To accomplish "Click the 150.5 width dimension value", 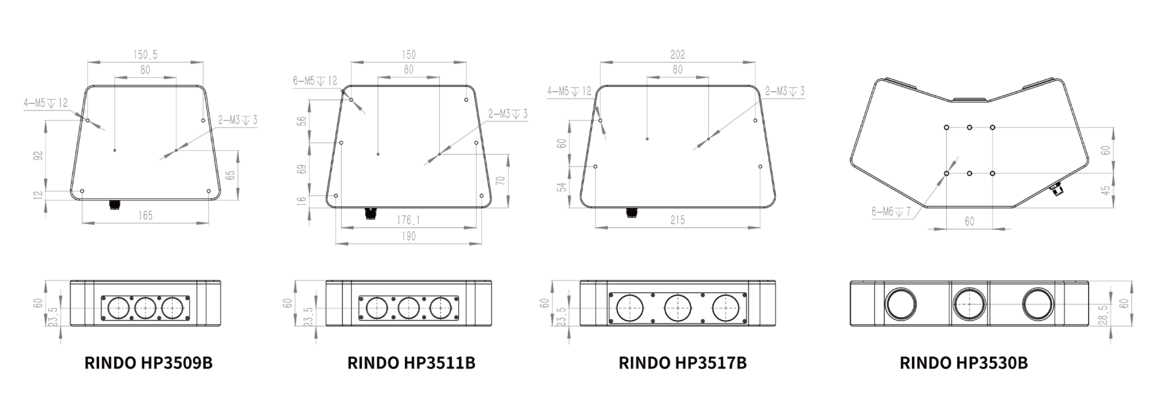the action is click(145, 55).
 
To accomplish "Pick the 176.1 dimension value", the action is click(408, 220).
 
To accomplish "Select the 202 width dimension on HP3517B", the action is click(678, 55).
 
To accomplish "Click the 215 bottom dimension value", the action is click(678, 220).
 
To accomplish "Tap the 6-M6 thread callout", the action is click(891, 212).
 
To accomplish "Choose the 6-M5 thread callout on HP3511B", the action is click(315, 81).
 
